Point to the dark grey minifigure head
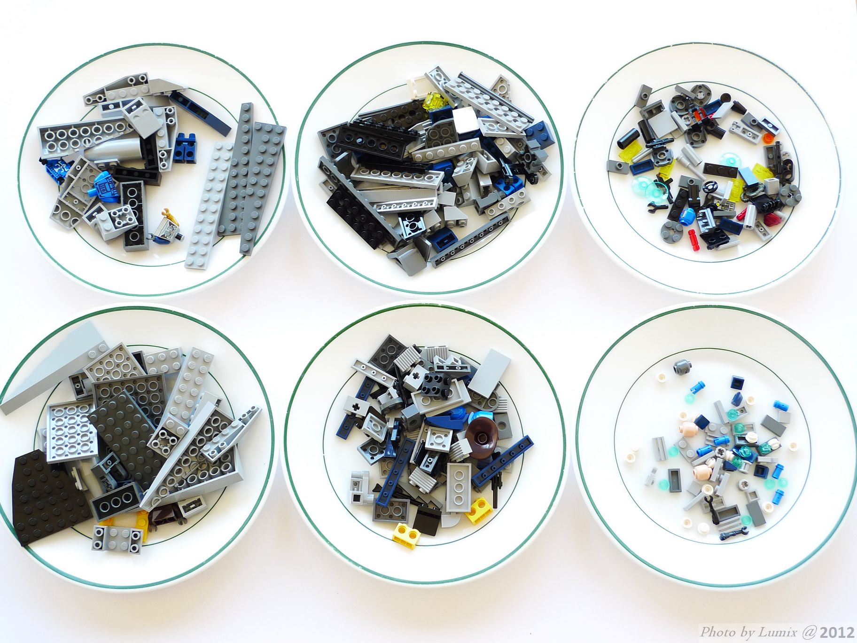[678, 368]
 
